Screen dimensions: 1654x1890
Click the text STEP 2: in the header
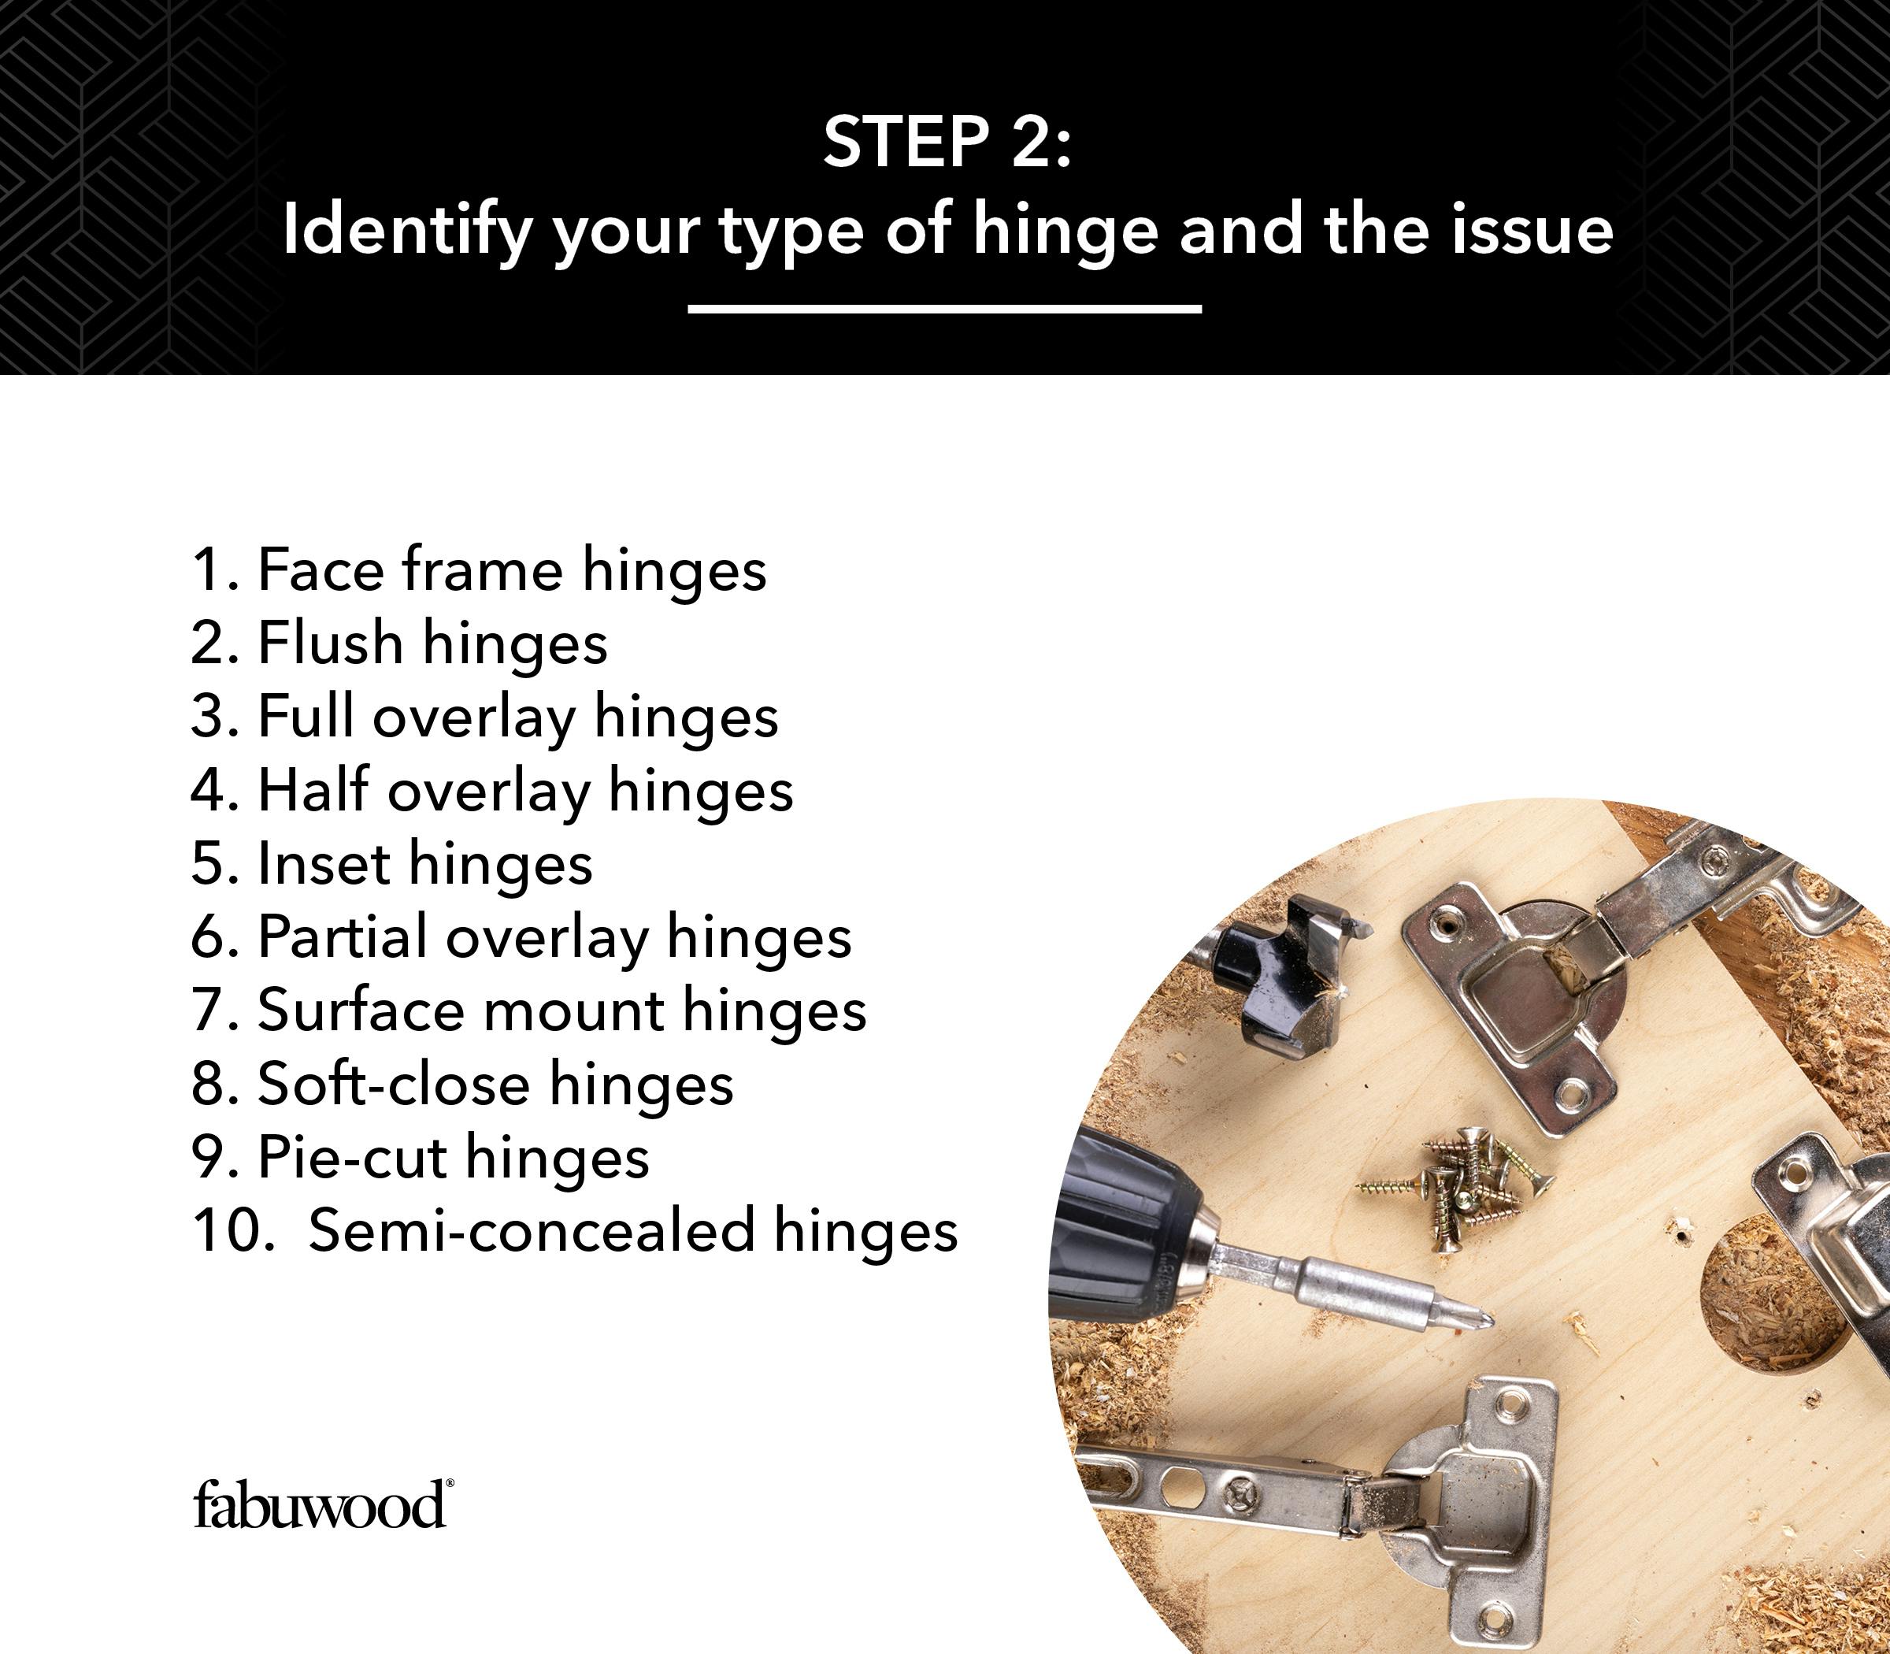click(947, 143)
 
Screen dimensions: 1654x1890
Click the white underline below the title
click(944, 308)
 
